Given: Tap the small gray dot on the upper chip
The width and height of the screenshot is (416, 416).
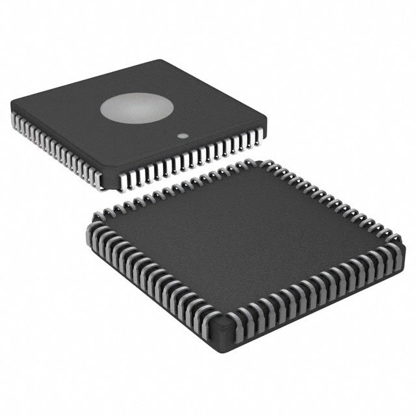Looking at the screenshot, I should click(184, 136).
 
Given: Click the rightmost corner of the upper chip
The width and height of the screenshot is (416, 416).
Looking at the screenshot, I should click(266, 116).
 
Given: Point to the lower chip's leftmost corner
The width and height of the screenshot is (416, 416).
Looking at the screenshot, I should click(87, 220).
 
